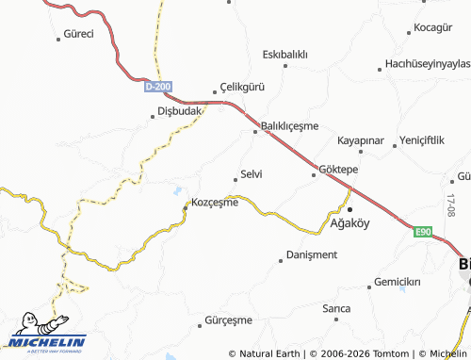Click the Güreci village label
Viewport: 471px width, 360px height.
pyautogui.click(x=76, y=34)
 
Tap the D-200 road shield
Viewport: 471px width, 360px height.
pyautogui.click(x=158, y=86)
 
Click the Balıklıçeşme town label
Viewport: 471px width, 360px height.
pyautogui.click(x=291, y=125)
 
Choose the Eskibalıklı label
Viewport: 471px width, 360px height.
pyautogui.click(x=285, y=53)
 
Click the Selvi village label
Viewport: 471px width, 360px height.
pyautogui.click(x=252, y=174)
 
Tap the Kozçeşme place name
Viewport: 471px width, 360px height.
pyautogui.click(x=215, y=203)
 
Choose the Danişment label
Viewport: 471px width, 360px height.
pyautogui.click(x=312, y=254)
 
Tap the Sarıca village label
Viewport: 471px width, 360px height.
pyautogui.click(x=336, y=308)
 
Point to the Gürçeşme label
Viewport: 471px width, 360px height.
pyautogui.click(x=231, y=321)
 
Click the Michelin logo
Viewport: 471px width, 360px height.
pyautogui.click(x=47, y=335)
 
